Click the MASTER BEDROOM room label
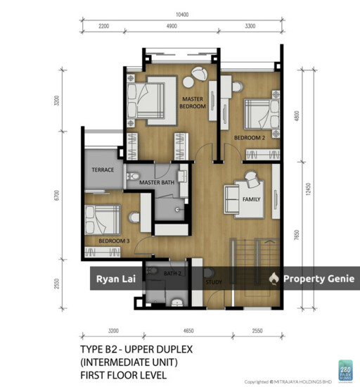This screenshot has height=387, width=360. click(193, 103)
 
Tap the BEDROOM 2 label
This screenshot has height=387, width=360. click(249, 137)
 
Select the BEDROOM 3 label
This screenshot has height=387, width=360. click(113, 241)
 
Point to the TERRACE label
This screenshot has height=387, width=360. click(103, 170)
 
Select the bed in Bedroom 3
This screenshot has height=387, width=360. click(102, 220)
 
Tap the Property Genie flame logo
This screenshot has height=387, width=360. click(273, 279)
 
